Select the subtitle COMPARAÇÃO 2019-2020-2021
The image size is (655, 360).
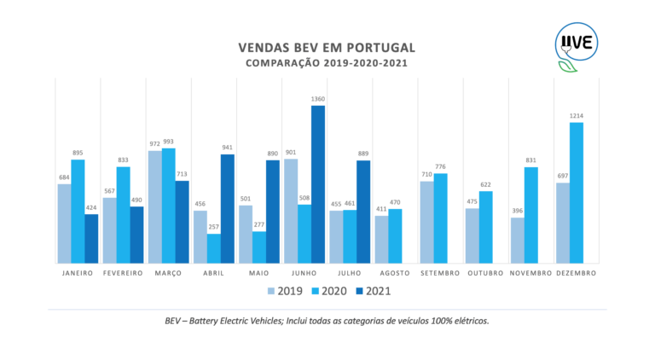point(327,63)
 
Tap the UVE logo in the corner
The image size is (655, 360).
point(577,44)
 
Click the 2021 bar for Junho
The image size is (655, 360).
point(318,184)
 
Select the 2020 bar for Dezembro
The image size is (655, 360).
point(577,193)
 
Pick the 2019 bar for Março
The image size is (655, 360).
point(154,207)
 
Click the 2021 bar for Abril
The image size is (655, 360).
point(227,209)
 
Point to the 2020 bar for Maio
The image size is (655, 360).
point(259,247)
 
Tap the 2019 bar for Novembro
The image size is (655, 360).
point(517,241)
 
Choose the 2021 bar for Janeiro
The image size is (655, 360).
point(91,239)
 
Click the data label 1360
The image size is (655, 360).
point(318,99)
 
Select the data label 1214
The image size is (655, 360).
point(577,116)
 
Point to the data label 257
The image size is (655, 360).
point(214,228)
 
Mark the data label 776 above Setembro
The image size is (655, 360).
point(441,166)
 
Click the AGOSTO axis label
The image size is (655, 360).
point(395,273)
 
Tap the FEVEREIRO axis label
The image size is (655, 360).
point(123,273)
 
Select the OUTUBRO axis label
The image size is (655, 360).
point(486,273)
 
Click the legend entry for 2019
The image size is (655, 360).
point(283,291)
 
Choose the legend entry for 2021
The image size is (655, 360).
point(371,291)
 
